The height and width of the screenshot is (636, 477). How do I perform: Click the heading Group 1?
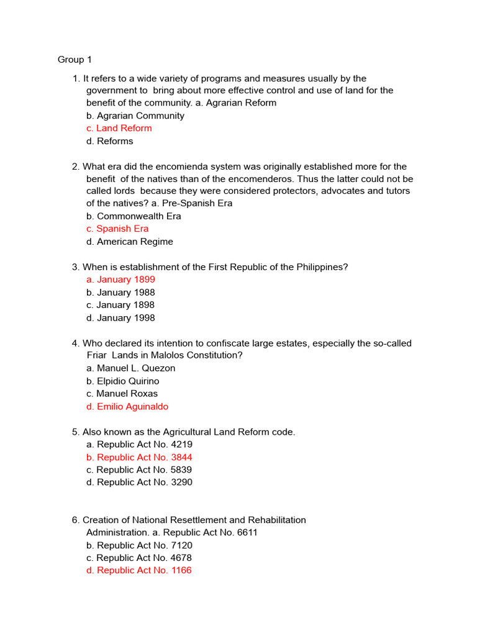[x=75, y=60]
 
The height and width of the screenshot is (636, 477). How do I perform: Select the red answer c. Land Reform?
[x=119, y=128]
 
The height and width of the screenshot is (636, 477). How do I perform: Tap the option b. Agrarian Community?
[x=135, y=116]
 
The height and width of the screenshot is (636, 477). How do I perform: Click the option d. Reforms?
[x=110, y=141]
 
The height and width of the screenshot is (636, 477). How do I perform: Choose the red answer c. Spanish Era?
[x=117, y=229]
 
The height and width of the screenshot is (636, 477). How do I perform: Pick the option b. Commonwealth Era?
[x=134, y=216]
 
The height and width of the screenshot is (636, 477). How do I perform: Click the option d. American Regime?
[x=130, y=242]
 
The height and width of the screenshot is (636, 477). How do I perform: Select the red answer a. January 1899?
[x=120, y=279]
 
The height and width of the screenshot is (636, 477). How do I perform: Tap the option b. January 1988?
[x=120, y=293]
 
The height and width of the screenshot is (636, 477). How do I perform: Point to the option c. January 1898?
[x=120, y=305]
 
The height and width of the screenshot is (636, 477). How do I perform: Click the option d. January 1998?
[x=120, y=318]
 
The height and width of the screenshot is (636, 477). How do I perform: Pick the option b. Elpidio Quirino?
[x=123, y=381]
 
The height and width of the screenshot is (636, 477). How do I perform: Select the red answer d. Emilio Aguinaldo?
[x=127, y=407]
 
